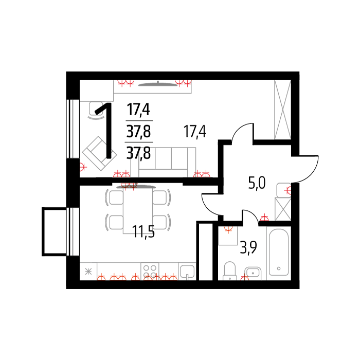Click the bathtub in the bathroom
pyautogui.click(x=279, y=253)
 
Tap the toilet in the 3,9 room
pyautogui.click(x=229, y=271)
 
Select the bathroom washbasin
pyautogui.click(x=253, y=272)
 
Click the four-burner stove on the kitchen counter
pyautogui.click(x=150, y=271)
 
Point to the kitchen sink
pyautogui.click(x=187, y=272)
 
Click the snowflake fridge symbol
pyautogui.click(x=88, y=272)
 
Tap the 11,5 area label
pyautogui.click(x=143, y=231)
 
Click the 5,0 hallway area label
pyautogui.click(x=257, y=183)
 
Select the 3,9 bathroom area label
pyautogui.click(x=248, y=247)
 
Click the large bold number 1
pyautogui.click(x=104, y=131)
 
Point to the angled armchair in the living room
pyautogui.click(x=99, y=154)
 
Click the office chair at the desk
pyautogui.click(x=96, y=111)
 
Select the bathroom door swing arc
pyautogui.click(x=252, y=215)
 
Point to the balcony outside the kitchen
pyautogui.click(x=55, y=231)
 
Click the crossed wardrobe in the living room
pyautogui.click(x=283, y=110)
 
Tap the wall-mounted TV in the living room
pyautogui.click(x=158, y=84)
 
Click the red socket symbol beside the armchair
pyautogui.click(x=83, y=167)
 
